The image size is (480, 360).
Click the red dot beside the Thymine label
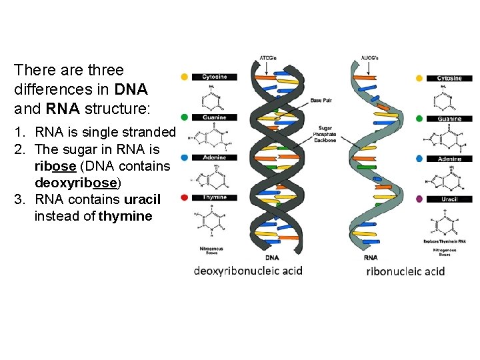(x=183, y=197)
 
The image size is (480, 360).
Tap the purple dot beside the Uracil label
(x=419, y=199)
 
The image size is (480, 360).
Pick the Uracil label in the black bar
(x=449, y=199)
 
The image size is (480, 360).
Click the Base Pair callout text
(x=321, y=101)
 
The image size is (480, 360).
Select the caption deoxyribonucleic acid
(x=248, y=271)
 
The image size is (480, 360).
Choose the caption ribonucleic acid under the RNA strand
(x=405, y=271)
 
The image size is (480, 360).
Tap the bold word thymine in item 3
(x=125, y=216)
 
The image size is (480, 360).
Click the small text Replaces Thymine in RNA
(x=444, y=241)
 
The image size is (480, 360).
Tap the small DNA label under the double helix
(x=272, y=257)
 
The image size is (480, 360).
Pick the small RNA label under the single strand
(x=371, y=257)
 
